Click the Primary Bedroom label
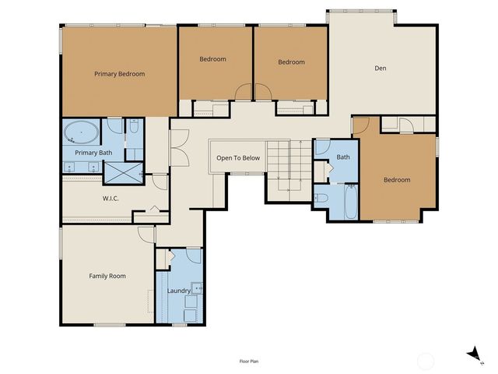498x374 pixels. tap(120, 74)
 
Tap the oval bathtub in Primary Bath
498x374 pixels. tap(80, 132)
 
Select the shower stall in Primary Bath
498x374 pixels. tap(124, 172)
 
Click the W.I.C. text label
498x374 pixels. tap(110, 198)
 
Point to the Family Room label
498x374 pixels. tap(107, 276)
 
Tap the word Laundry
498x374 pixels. tap(179, 291)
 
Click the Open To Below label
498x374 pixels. tap(238, 158)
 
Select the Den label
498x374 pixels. tap(381, 69)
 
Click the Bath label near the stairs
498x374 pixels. tap(343, 158)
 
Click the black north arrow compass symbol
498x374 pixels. tap(472, 355)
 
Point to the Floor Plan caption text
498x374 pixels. tap(250, 362)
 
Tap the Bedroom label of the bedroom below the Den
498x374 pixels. tap(396, 180)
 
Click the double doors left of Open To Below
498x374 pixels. tap(178, 143)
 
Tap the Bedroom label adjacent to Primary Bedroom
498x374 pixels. tap(212, 59)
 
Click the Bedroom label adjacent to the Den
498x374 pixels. tap(291, 62)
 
